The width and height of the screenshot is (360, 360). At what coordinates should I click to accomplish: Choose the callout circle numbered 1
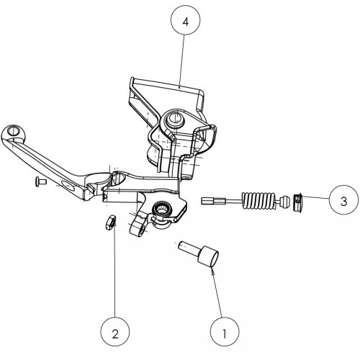tap(224, 333)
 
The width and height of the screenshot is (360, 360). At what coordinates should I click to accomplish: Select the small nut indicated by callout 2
tap(109, 222)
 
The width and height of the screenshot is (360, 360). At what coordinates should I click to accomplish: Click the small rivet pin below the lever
tap(40, 183)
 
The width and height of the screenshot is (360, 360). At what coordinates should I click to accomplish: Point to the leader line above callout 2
tap(113, 274)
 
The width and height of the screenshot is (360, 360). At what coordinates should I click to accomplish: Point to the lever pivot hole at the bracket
tap(114, 176)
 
